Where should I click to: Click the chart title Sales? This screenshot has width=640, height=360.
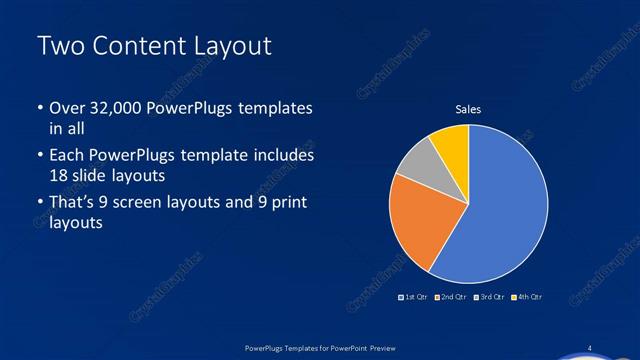pos(468,109)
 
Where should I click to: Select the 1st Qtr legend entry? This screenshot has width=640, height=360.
pos(414,297)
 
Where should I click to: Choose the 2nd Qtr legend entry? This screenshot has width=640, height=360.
pos(452,297)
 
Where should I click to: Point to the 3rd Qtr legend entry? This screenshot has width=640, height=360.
pos(489,297)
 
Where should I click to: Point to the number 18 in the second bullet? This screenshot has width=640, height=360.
pos(59,175)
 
